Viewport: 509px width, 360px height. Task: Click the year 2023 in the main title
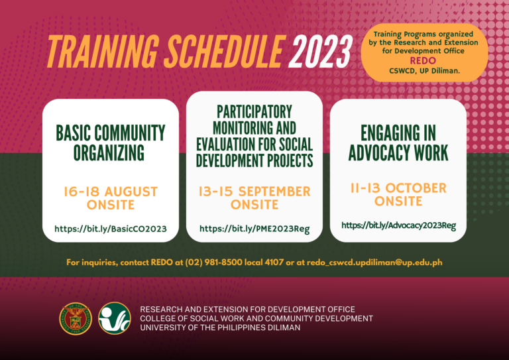(x=321, y=50)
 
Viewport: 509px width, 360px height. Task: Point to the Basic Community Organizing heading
(x=110, y=143)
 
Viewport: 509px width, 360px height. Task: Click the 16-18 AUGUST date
(x=111, y=192)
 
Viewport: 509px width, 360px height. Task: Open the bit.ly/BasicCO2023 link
(x=110, y=229)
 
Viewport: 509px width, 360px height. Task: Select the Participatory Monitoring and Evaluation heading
(x=254, y=135)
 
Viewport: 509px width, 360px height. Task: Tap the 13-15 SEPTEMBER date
(x=254, y=192)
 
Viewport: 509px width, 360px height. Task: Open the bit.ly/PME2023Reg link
(x=254, y=229)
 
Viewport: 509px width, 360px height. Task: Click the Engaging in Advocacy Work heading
(x=398, y=143)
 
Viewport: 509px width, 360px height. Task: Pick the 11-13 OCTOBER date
(x=398, y=188)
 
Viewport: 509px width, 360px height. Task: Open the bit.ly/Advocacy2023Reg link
(x=398, y=225)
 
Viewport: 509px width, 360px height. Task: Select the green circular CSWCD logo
(x=114, y=319)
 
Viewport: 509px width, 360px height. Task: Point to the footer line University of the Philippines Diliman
(x=219, y=328)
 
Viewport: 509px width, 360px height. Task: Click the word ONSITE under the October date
(x=398, y=202)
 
